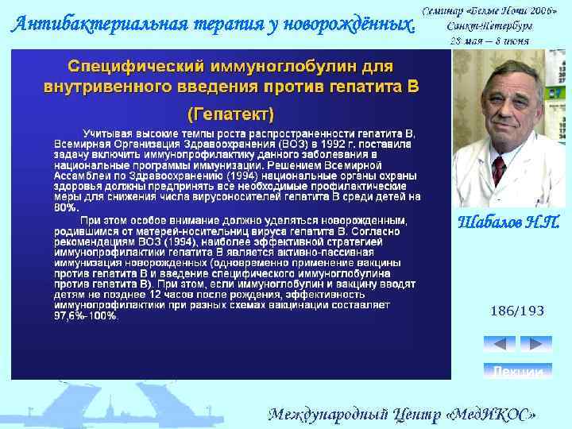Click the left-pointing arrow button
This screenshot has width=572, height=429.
[499, 344]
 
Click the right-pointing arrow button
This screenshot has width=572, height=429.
[535, 344]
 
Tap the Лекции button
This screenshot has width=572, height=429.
[517, 371]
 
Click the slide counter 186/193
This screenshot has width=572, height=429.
[517, 311]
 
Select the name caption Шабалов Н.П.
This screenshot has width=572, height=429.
[510, 223]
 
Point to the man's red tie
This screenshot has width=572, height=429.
[499, 170]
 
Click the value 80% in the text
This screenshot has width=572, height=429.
[66, 207]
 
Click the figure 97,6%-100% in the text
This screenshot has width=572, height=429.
[86, 315]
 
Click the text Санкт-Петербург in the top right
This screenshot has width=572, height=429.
[489, 25]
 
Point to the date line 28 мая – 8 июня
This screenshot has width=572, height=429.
[489, 41]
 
